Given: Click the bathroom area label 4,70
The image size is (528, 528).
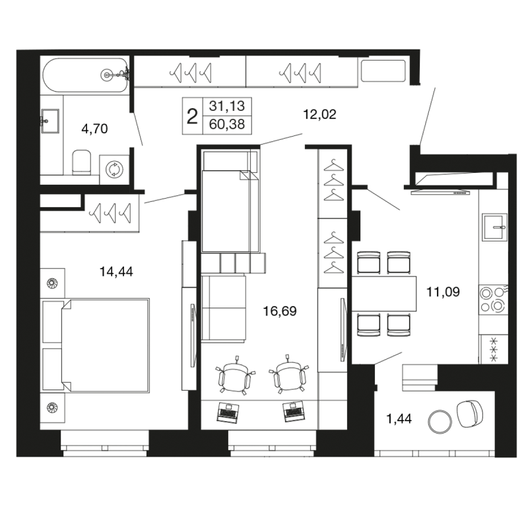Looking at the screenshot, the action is [x=94, y=129].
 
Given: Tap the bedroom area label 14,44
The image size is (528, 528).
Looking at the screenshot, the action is [x=116, y=271].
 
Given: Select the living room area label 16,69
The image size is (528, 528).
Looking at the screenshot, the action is [x=280, y=311].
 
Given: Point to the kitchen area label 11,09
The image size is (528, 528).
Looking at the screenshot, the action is [x=443, y=292].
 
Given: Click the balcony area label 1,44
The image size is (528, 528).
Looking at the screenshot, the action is [x=399, y=419].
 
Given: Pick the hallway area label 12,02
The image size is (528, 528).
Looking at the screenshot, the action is [x=319, y=114].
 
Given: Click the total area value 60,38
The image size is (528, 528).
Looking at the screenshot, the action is [x=227, y=124].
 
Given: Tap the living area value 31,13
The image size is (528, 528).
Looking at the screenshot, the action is [x=227, y=106].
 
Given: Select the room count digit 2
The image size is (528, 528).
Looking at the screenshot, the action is [x=192, y=117].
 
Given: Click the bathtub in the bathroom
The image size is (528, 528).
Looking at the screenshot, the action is [x=85, y=75].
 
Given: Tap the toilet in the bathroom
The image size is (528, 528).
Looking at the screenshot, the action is [x=82, y=162].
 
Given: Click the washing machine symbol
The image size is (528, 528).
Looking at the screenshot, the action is [x=114, y=169].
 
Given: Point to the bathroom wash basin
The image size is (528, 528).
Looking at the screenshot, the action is [x=50, y=121].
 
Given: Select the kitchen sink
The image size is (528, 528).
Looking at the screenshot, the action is [x=494, y=227].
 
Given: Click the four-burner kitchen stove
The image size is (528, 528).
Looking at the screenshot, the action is [x=493, y=300].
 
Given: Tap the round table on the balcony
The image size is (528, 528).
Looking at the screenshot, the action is [x=440, y=422].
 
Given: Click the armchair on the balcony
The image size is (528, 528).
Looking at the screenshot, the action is [x=469, y=414].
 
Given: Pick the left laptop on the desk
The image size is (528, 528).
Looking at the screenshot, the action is [x=228, y=412].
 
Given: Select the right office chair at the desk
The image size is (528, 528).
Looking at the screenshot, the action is [x=288, y=374].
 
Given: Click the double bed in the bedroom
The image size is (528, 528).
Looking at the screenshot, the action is [x=105, y=345].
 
